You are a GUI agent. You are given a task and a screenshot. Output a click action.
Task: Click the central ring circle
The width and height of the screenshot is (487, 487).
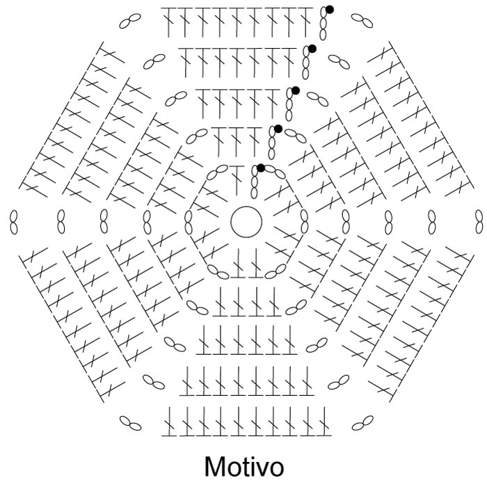(246, 206)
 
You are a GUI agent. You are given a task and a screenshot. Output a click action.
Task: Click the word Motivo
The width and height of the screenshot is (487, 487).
(244, 467)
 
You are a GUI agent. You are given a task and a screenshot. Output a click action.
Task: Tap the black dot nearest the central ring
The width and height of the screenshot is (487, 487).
(261, 168)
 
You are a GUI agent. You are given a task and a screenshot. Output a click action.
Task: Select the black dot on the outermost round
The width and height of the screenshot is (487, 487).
(330, 10)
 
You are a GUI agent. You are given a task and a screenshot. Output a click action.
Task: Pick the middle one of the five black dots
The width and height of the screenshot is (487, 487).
(296, 90)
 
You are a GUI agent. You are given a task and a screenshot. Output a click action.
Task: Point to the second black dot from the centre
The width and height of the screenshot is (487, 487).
(278, 129)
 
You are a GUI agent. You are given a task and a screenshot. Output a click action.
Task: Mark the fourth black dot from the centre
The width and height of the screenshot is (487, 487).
(312, 49)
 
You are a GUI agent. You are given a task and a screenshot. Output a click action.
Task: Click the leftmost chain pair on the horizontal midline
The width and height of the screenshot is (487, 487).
(14, 222)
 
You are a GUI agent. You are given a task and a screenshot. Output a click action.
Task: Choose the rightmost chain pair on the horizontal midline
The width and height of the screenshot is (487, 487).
(479, 222)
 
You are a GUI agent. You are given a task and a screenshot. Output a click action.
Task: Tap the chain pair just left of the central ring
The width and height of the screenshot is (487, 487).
(189, 222)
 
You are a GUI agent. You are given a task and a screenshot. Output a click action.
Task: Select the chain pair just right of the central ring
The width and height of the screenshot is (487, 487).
(305, 222)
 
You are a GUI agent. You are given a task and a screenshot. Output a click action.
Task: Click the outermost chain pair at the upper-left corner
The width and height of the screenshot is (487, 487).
(130, 21)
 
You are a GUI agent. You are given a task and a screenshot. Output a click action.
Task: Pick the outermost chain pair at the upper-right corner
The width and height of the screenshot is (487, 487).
(362, 21)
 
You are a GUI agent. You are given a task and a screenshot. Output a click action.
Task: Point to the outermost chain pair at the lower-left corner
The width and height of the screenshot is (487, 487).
(131, 423)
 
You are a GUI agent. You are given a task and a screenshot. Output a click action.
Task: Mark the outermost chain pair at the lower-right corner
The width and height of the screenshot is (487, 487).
(362, 423)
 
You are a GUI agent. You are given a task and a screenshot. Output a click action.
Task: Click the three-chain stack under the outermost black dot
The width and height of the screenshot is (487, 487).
(323, 24)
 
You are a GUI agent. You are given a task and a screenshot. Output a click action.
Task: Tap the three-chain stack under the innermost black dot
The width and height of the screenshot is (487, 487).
(254, 182)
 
